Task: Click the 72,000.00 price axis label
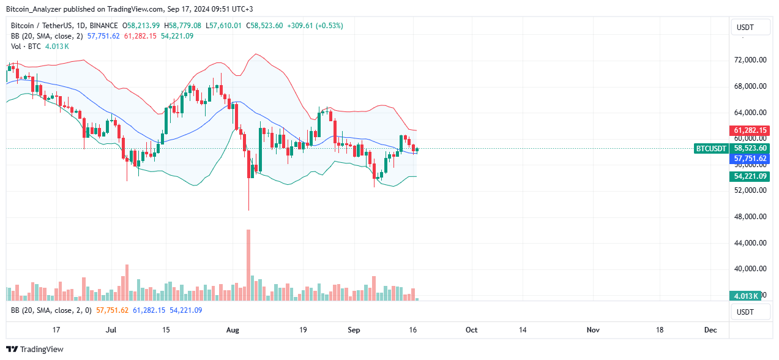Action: (x=750, y=60)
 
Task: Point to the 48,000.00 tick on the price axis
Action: (x=750, y=217)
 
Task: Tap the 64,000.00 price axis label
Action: (x=750, y=113)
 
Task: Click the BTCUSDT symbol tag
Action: (x=712, y=148)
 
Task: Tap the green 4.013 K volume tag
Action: (x=746, y=296)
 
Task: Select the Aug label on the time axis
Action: (x=233, y=330)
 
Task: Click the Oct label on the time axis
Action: (x=471, y=330)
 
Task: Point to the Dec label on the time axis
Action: (x=710, y=330)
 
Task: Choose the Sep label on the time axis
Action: (x=354, y=330)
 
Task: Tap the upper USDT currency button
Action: (x=745, y=28)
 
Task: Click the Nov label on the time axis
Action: (x=592, y=330)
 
